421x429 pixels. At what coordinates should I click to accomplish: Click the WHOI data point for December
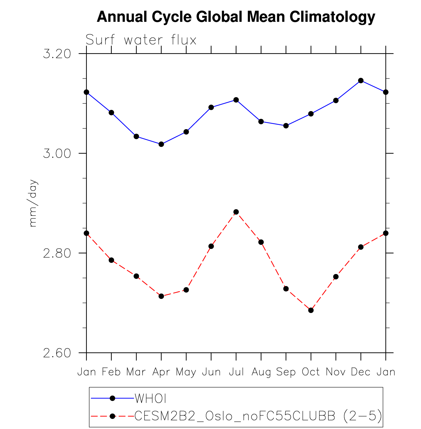361,80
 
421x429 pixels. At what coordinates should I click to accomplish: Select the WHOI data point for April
161,144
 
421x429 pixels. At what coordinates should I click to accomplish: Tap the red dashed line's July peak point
236,212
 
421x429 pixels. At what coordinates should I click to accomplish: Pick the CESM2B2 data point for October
311,310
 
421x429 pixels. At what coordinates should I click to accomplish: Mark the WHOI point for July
236,100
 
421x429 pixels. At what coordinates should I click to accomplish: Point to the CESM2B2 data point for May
186,290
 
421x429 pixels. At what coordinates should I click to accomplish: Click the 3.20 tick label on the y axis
57,54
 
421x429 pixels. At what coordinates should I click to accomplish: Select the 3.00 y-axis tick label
57,153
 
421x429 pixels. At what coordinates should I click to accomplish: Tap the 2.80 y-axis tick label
57,253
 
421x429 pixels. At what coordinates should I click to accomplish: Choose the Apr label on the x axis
161,372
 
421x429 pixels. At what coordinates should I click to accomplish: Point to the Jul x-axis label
236,372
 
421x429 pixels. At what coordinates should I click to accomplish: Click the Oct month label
311,372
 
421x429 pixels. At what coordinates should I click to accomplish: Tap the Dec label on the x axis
361,372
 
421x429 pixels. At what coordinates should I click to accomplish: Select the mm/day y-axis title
33,203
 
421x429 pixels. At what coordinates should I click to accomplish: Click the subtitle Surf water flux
141,40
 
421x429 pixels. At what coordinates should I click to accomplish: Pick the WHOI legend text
151,398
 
